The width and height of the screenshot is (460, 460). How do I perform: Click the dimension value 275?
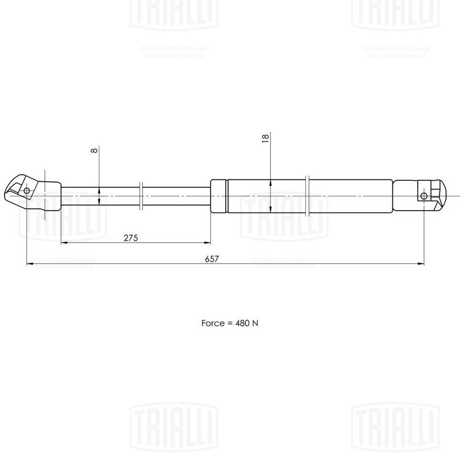[131, 237]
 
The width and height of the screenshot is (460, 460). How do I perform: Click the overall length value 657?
[212, 259]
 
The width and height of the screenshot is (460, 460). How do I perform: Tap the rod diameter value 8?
[94, 151]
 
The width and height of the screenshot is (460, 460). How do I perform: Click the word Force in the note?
[212, 323]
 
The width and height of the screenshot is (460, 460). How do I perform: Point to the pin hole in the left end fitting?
[27, 190]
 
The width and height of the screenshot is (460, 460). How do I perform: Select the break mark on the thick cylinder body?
[308, 196]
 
